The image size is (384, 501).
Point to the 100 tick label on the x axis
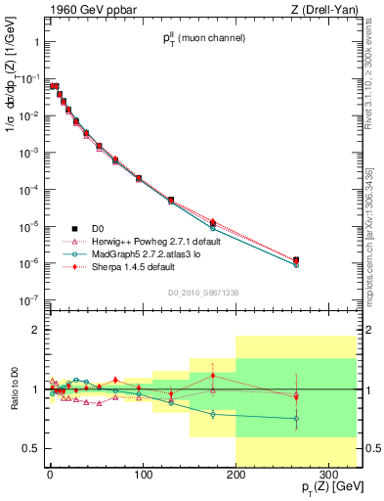(x=143, y=464)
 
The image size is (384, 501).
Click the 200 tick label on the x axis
(x=235, y=464)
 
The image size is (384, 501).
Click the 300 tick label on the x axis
(x=329, y=464)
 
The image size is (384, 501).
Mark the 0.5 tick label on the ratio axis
(x=33, y=448)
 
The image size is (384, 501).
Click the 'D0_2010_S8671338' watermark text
(x=204, y=293)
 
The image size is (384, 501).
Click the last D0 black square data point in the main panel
(x=296, y=260)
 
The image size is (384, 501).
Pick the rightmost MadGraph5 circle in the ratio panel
(x=296, y=419)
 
